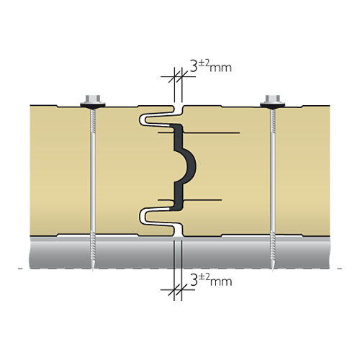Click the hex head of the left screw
pyautogui.click(x=92, y=98)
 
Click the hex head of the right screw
pyautogui.click(x=273, y=98)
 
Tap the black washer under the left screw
pyautogui.click(x=92, y=105)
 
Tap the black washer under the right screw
pyautogui.click(x=273, y=105)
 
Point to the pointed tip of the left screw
pyautogui.click(x=93, y=271)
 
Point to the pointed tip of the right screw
pyautogui.click(x=273, y=271)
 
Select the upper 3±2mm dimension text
pyautogui.click(x=211, y=66)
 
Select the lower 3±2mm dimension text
pyautogui.click(x=211, y=280)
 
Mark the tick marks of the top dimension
pyautogui.click(x=178, y=77)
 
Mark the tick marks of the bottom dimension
pyautogui.click(x=178, y=290)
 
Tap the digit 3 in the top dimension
pyautogui.click(x=194, y=66)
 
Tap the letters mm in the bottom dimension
pyautogui.click(x=221, y=282)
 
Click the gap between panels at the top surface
pyautogui.click(x=178, y=109)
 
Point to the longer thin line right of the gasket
pyautogui.click(x=212, y=132)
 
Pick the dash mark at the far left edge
pyautogui.click(x=20, y=269)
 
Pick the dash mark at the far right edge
pyautogui.click(x=339, y=269)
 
